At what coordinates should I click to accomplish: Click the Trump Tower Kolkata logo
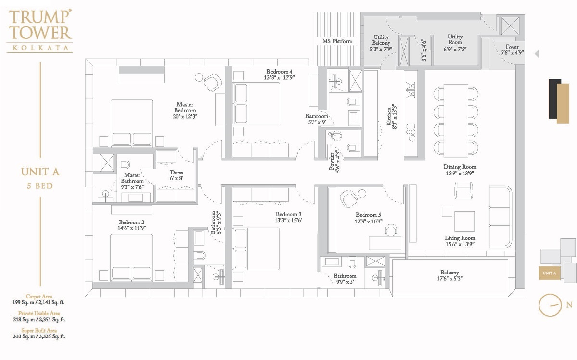[x=40, y=30]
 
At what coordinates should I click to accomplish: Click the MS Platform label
[x=337, y=41]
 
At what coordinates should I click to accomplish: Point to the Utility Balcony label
[x=381, y=40]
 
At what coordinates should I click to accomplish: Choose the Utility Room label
[x=455, y=37]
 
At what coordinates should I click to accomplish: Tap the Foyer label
[x=512, y=47]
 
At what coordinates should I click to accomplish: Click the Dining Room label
[x=460, y=167]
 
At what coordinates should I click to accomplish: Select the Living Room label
[x=460, y=238]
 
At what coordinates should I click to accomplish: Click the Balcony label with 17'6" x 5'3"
[x=450, y=273]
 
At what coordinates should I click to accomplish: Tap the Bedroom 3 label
[x=288, y=214]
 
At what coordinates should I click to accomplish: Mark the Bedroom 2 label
[x=131, y=223]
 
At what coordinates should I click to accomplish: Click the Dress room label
[x=176, y=173]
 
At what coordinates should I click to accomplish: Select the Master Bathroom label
[x=132, y=175]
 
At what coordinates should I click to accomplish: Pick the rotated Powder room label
[x=332, y=161]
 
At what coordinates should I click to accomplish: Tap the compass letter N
[x=569, y=305]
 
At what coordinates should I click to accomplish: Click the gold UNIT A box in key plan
[x=549, y=273]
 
